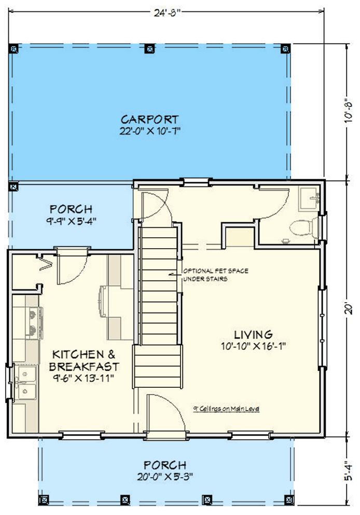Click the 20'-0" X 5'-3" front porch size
click(x=165, y=476)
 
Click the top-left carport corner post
click(x=13, y=48)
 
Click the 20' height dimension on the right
click(x=350, y=309)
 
